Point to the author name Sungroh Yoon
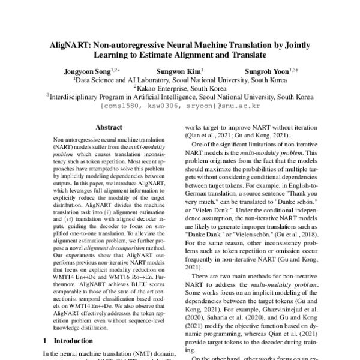(267, 70)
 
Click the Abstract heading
(109, 127)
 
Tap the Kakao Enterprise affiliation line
(179, 87)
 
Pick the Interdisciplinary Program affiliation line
(179, 95)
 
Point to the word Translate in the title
(247, 55)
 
